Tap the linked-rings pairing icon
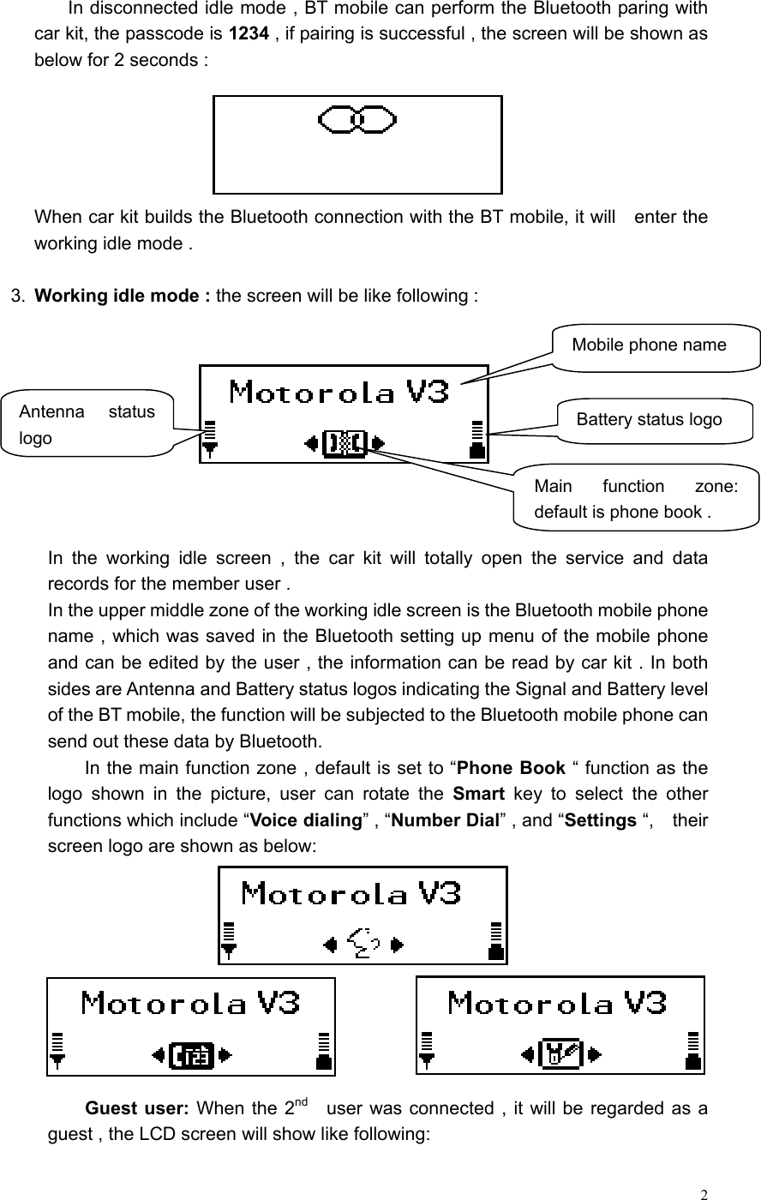click(357, 120)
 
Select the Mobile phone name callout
click(649, 345)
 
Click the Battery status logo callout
click(649, 419)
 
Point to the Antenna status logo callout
click(87, 424)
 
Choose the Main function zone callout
click(636, 499)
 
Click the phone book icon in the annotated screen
click(345, 443)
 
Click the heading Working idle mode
click(123, 297)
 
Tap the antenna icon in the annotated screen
click(210, 438)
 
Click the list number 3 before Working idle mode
click(15, 297)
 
